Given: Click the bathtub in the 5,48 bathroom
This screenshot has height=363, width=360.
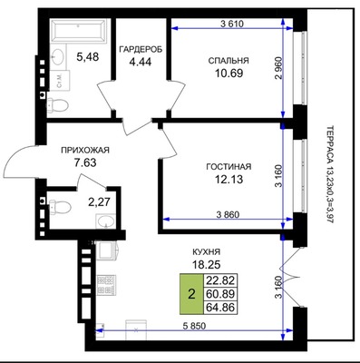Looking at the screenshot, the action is pos(79,31).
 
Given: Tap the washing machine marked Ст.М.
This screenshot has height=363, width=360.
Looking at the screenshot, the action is pos(60,80).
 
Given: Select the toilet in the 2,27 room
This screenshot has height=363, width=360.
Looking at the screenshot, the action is pos(60,206).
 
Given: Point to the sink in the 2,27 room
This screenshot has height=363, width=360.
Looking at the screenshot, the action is pos(105,221).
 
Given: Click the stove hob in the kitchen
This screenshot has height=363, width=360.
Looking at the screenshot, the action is pos(106,285).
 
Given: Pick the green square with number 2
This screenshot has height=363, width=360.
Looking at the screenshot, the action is pos(191,293).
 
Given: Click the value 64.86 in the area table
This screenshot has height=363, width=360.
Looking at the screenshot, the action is pos(220,308).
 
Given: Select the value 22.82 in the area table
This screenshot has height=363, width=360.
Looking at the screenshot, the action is pos(220,280).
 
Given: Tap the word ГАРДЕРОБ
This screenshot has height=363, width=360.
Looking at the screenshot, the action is pos(141,49).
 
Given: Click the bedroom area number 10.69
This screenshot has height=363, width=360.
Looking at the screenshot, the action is pos(229,73).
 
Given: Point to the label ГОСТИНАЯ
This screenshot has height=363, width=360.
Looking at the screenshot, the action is pos(229,166).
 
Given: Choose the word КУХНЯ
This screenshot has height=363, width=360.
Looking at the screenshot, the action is pos(207,251).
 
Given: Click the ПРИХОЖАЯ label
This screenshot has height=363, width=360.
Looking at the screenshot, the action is pos(85,150).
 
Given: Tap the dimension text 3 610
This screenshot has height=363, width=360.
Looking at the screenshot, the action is pos(232,24).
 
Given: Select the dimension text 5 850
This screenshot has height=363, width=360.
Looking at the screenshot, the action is pos(195,326).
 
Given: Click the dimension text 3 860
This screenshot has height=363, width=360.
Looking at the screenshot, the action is pos(228,214).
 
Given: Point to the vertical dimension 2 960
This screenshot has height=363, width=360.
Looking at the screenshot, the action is pos(278,68).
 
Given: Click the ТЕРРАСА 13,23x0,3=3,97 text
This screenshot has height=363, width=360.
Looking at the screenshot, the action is pos(329,174).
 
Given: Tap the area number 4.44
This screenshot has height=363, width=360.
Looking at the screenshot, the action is pos(140,62).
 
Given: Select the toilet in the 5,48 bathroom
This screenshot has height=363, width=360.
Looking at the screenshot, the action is pos(58,106).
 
